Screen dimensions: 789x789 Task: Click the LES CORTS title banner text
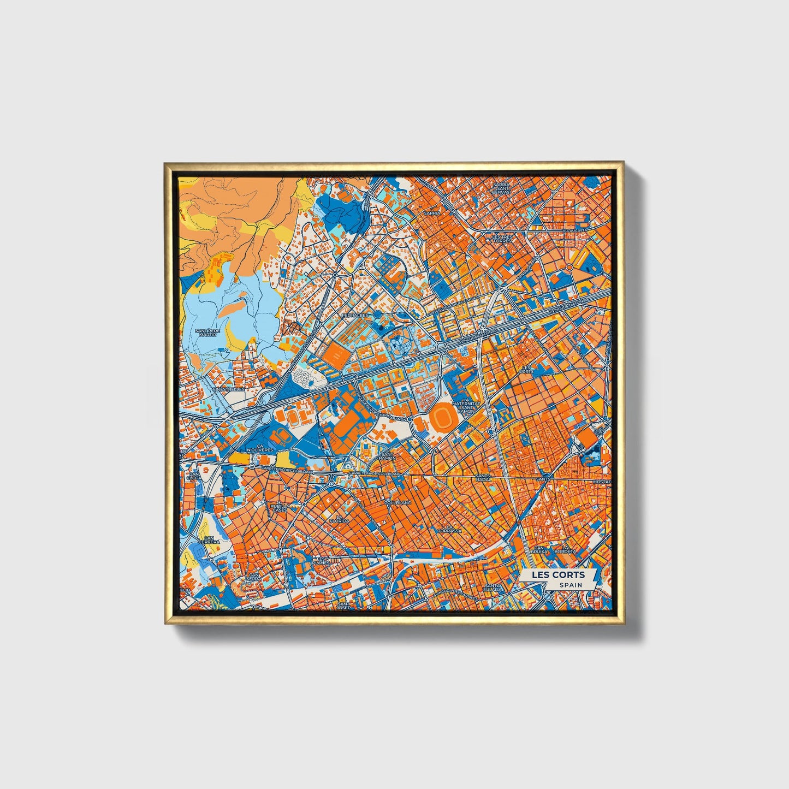coord(558,574)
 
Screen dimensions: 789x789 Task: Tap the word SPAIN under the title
coord(570,585)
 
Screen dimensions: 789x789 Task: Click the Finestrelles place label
coord(229,389)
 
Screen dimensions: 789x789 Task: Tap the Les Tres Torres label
coord(502,239)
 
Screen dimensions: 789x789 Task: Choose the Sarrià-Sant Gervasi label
coord(501,188)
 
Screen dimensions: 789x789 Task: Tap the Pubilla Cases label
coord(279,508)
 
